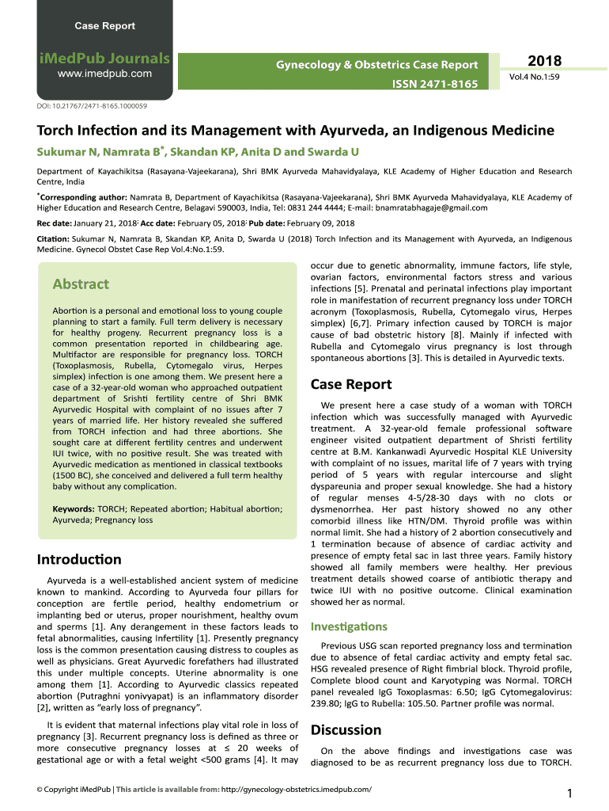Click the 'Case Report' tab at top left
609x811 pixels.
pos(104,26)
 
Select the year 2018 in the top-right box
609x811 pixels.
pos(544,62)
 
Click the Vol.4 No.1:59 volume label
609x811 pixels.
pos(534,78)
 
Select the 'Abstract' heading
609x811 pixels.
pos(80,284)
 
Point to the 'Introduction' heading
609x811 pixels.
pos(79,560)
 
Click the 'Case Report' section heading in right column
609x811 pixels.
pos(350,384)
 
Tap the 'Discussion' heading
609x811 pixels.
pos(346,729)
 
